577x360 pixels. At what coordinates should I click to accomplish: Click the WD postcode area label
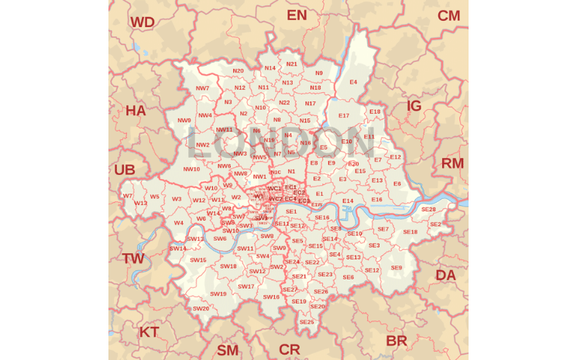point(143,22)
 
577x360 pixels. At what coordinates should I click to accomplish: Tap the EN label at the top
point(297,15)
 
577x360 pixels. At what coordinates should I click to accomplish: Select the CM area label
point(448,16)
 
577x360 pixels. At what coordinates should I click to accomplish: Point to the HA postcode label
point(136,111)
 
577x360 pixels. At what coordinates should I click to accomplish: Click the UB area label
point(125,170)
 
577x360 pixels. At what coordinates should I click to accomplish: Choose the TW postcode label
point(133,259)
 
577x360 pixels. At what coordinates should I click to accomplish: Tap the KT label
point(149,332)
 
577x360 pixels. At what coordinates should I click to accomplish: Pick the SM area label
point(228,350)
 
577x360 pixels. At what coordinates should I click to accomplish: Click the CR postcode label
point(290,349)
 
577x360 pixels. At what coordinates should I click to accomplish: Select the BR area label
point(397,341)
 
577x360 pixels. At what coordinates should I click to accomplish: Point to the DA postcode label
point(445,275)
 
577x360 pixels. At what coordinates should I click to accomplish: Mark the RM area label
point(452,163)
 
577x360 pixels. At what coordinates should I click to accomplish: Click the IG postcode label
point(414,106)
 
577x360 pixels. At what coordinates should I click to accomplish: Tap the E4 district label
point(353,82)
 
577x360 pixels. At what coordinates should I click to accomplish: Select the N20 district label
point(238,71)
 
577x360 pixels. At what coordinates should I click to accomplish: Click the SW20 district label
point(201,309)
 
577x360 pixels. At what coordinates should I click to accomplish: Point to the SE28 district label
point(428,209)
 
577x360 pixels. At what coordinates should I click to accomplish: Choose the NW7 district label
point(202,88)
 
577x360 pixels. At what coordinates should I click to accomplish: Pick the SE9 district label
point(396,268)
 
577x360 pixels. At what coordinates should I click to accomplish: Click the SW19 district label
point(218,294)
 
